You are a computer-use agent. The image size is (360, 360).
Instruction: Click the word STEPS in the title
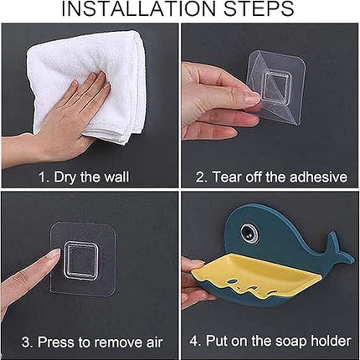point(259,8)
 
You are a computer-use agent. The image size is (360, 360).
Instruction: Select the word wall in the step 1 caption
point(116,177)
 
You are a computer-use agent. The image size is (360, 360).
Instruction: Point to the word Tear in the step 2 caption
point(225,177)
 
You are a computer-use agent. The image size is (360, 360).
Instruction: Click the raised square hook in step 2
point(275,87)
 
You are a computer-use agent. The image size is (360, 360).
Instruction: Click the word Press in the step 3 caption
point(59,342)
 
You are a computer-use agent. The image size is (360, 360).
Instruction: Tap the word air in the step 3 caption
point(154,342)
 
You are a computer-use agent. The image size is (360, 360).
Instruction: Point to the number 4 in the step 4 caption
point(193,341)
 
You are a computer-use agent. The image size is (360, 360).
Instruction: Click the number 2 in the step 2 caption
point(200,177)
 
